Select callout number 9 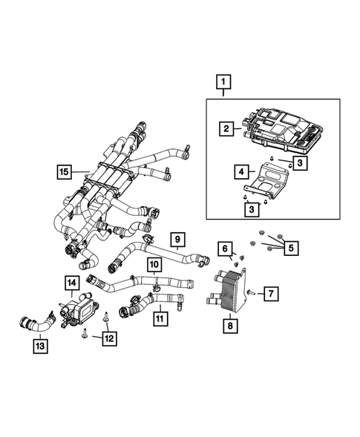coord(178,239)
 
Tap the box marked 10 coord(153,264)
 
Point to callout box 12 coord(109,339)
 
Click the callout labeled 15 coord(65,172)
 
